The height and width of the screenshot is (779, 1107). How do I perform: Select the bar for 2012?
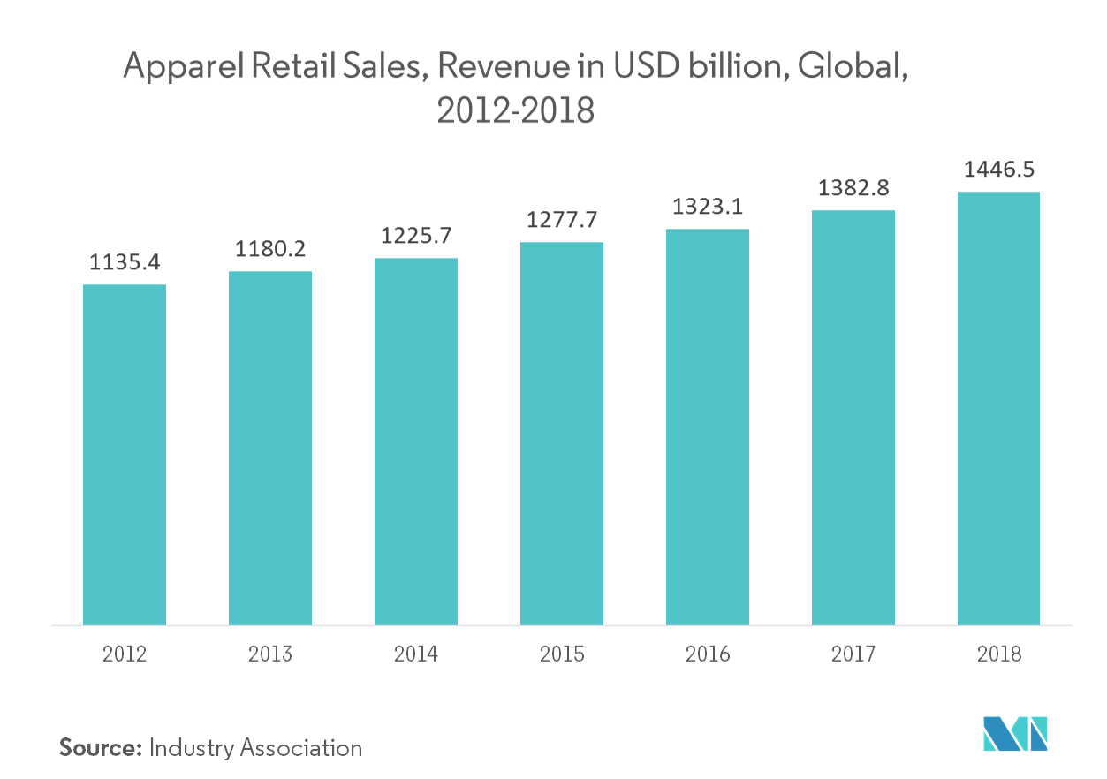[125, 454]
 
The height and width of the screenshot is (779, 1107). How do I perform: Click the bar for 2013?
[270, 448]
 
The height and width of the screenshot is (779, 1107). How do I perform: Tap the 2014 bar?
[416, 442]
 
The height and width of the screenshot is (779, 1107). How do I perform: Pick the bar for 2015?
[562, 434]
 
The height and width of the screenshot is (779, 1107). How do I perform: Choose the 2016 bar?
[708, 427]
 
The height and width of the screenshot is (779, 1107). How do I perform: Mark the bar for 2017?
[853, 418]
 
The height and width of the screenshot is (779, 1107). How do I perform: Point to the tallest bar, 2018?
[998, 408]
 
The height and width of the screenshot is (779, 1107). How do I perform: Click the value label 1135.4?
[125, 262]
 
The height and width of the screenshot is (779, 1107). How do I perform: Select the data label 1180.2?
[270, 250]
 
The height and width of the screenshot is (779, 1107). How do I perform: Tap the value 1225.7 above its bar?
[416, 237]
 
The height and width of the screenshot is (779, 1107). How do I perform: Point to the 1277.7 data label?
[562, 221]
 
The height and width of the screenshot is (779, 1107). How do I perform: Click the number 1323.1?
[708, 208]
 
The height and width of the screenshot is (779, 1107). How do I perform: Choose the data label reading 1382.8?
[853, 189]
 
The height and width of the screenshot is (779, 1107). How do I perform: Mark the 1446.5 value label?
[998, 170]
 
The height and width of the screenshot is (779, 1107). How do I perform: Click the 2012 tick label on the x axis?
[125, 654]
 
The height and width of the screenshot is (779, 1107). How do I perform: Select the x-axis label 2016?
[708, 654]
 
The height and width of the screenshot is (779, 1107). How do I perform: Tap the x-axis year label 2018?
[998, 654]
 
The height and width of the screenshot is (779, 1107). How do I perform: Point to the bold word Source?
[100, 747]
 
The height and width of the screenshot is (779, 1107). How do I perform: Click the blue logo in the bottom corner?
[1015, 734]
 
